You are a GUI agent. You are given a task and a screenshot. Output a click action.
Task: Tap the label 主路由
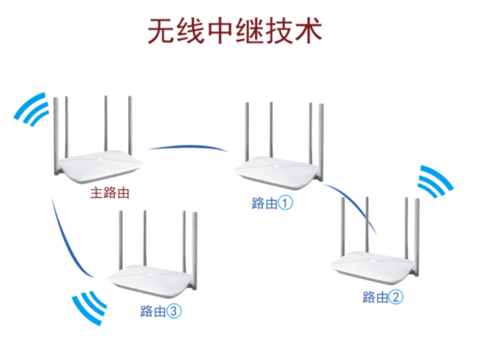pyautogui.click(x=110, y=193)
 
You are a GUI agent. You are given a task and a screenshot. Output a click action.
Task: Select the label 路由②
pyautogui.click(x=382, y=297)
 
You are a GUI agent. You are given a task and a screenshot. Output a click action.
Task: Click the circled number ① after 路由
pyautogui.click(x=286, y=203)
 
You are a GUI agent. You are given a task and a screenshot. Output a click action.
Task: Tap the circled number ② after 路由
pyautogui.click(x=396, y=297)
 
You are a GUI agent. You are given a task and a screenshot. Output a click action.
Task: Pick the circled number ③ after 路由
pyautogui.click(x=175, y=311)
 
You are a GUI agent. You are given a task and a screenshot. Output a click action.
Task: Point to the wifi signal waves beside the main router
pyautogui.click(x=32, y=112)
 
